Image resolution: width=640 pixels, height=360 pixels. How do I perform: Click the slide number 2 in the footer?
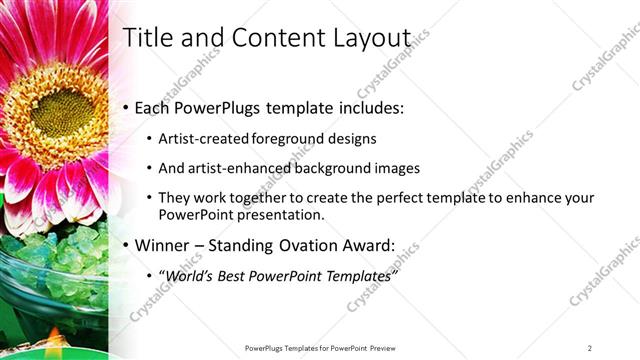[x=589, y=348]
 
